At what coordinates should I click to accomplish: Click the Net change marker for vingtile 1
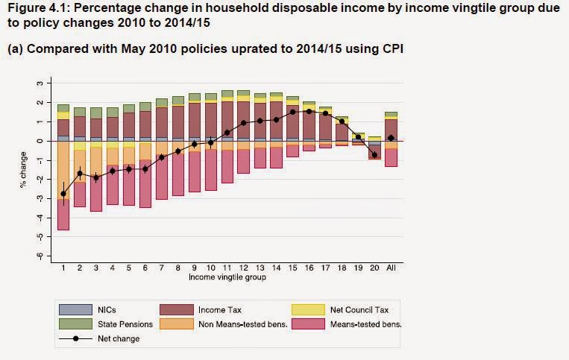coord(63,194)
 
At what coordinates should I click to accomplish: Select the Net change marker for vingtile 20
coord(374,155)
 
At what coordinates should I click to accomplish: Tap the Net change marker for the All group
coord(391,138)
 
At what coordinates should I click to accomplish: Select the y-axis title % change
coord(25,169)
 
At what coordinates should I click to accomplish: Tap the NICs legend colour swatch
coord(74,309)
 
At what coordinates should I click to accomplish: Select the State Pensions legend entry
coord(124,323)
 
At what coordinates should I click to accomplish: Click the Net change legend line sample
coord(74,338)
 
